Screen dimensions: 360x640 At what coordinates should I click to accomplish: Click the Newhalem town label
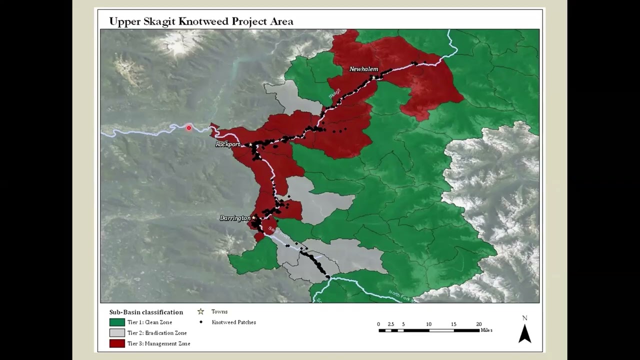pos(363,69)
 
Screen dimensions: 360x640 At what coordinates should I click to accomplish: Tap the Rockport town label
pos(228,144)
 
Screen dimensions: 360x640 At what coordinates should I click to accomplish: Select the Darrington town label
pos(235,218)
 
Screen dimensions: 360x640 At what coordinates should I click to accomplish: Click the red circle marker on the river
pos(189,128)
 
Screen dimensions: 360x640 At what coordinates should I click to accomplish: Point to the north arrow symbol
pos(524,333)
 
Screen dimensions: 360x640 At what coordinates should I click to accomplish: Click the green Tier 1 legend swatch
pos(117,322)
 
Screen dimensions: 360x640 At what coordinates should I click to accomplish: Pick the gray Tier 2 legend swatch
pos(117,333)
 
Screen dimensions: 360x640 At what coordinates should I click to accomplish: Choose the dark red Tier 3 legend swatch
pos(117,343)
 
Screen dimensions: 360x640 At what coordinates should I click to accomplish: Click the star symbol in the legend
pos(201,311)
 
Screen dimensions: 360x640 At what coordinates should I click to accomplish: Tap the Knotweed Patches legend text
pos(233,322)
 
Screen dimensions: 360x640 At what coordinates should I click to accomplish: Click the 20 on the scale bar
pos(478,324)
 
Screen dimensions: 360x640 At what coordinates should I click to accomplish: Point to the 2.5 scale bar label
pos(391,324)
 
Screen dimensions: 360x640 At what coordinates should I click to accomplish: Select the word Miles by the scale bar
pos(486,330)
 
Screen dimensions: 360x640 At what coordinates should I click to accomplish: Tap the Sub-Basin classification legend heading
pos(146,312)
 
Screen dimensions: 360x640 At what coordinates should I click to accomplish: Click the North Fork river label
pos(402,295)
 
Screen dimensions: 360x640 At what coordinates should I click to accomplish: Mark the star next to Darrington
pos(254,217)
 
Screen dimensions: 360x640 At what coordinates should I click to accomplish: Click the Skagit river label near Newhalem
pos(334,93)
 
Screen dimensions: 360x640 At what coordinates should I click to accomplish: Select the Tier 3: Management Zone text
pos(158,343)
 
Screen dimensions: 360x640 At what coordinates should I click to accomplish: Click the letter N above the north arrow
pos(524,318)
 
